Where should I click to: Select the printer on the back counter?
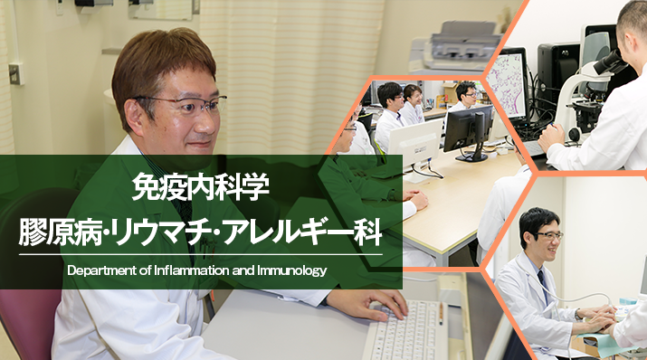(x=452, y=44)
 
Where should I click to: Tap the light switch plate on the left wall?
(x=15, y=74)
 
